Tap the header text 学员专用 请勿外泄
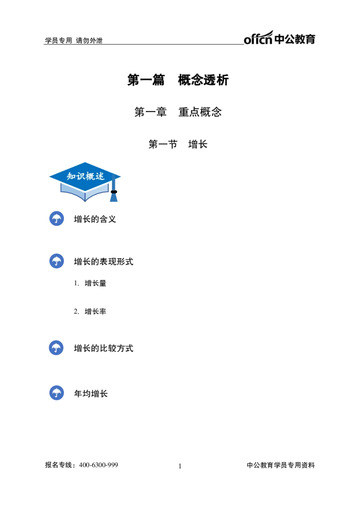pos(74,41)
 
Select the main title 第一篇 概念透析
pos(178,80)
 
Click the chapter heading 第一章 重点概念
pos(178,112)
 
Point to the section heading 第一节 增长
pos(178,144)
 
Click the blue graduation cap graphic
pos(85,182)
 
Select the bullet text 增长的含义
pos(95,219)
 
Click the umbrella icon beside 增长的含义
pos(57,218)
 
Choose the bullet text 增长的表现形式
pos(103,262)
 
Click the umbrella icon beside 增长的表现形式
pos(57,261)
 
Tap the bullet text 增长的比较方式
pos(103,348)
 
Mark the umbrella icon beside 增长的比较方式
pos(56,348)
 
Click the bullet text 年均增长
pos(91,394)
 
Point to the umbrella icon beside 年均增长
pos(57,393)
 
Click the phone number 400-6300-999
pos(99,465)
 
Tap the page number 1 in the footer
pos(180,466)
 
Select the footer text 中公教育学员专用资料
pos(281,465)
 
